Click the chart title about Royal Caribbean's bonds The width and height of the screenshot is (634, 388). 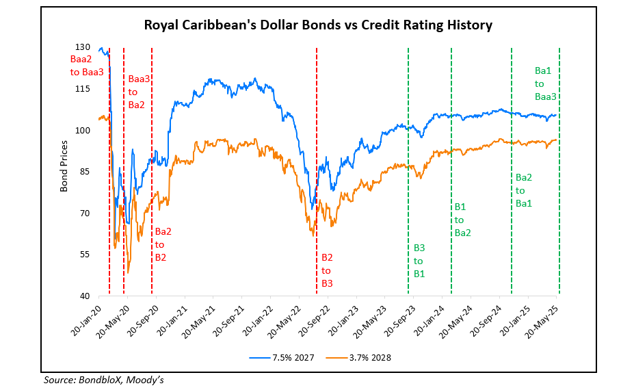(x=318, y=26)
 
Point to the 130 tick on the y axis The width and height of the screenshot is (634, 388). (x=83, y=47)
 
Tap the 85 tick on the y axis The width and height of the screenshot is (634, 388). (x=85, y=172)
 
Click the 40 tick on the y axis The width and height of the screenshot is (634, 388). (x=85, y=296)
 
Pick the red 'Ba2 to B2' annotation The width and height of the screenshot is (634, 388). (x=163, y=244)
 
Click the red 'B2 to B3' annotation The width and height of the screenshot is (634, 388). (x=327, y=270)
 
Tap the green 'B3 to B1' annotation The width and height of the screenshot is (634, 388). (x=419, y=261)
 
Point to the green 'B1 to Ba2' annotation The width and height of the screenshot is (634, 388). (x=462, y=219)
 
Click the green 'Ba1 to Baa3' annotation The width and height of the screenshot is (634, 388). (x=545, y=83)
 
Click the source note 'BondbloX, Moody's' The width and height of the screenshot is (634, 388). (x=106, y=380)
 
